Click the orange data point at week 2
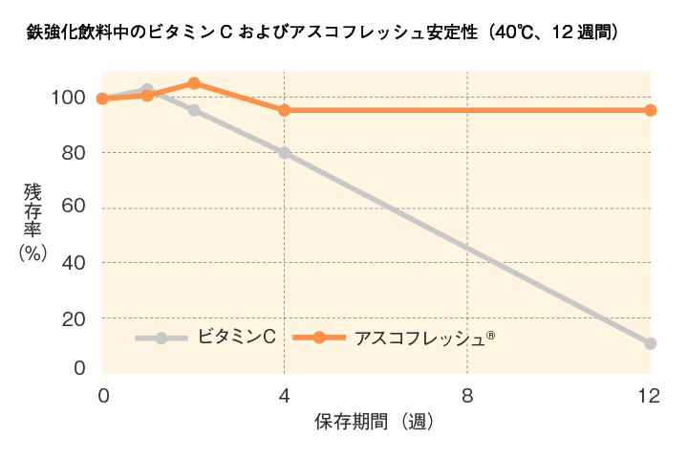[x=194, y=83]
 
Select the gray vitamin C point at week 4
[x=284, y=152]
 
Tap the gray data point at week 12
[x=650, y=343]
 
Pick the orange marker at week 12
[x=650, y=110]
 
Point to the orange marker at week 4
[x=284, y=110]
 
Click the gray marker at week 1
[x=147, y=90]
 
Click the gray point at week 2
[x=194, y=110]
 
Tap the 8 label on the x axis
[x=467, y=395]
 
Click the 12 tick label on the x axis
[x=649, y=395]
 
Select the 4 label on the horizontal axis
[x=284, y=395]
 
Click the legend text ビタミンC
[x=237, y=337]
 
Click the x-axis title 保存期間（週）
[x=376, y=422]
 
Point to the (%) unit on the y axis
[x=33, y=251]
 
